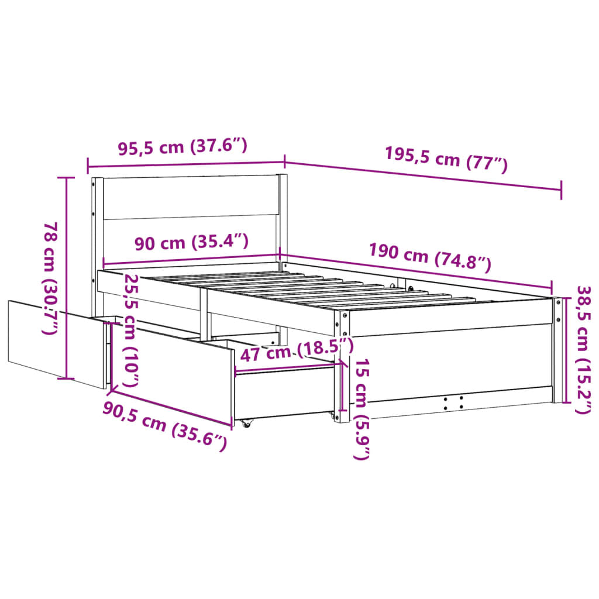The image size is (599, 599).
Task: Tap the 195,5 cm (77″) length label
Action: [446, 158]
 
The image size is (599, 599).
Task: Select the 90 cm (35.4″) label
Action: [191, 241]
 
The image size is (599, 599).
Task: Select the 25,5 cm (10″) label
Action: [132, 331]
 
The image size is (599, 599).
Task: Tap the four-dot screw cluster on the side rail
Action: [453, 402]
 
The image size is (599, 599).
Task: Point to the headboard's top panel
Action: [190, 197]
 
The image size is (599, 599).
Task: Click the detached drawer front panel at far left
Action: [56, 342]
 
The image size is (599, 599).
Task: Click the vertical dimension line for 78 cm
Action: [67, 278]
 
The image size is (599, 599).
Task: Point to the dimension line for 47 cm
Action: [287, 367]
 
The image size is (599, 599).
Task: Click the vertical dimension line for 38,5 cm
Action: [566, 350]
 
